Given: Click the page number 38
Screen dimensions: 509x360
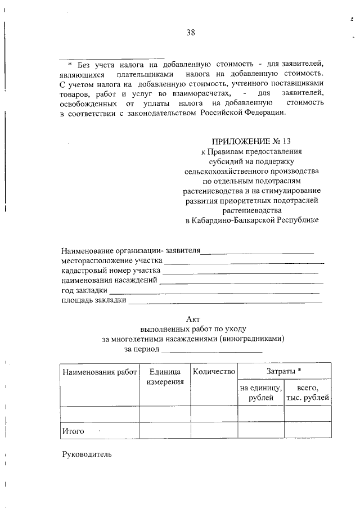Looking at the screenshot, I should [x=191, y=32].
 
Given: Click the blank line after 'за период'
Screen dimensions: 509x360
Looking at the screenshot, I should [x=211, y=349].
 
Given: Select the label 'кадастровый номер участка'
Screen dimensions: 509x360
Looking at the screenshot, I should [x=110, y=271].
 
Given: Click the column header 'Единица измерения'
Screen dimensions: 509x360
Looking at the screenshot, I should [x=165, y=377].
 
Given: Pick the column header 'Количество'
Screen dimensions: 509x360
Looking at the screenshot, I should [x=213, y=372].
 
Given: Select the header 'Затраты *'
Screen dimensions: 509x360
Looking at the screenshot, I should [x=284, y=371].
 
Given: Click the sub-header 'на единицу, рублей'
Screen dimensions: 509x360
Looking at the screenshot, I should [x=260, y=393].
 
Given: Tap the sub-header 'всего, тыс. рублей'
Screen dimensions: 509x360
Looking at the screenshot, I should [x=307, y=393].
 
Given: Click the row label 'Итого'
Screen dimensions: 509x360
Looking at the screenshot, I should [x=73, y=431].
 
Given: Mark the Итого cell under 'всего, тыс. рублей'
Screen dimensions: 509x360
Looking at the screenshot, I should [x=307, y=431].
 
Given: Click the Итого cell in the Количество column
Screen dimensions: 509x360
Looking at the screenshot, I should [x=213, y=431].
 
